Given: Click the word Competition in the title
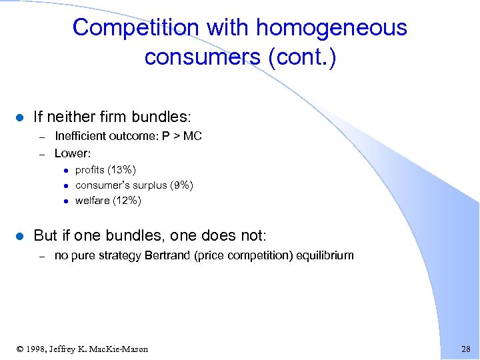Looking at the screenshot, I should (127, 27).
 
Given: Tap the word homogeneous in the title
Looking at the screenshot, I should (331, 27).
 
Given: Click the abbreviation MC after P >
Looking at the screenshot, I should (191, 136).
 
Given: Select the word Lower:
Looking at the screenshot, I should (73, 153).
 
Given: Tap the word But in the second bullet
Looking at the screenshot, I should (45, 235).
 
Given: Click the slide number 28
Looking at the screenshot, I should (465, 349).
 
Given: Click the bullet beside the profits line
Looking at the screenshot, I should (67, 171).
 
